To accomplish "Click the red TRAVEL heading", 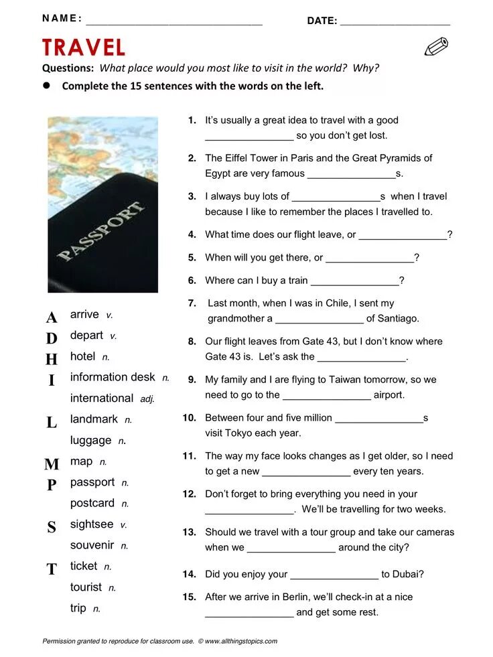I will (x=84, y=48).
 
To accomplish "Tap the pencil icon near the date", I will (x=436, y=47).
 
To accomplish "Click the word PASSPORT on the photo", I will (x=101, y=230).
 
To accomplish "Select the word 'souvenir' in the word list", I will (x=92, y=545).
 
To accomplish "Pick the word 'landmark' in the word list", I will (x=94, y=419).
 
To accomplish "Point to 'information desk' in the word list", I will (x=113, y=377).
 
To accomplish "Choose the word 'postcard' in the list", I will (x=92, y=503).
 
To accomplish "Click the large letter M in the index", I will (x=52, y=464).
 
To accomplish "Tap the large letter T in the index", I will (x=52, y=569).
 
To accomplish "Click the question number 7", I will (x=192, y=303).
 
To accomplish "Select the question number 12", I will (x=189, y=494).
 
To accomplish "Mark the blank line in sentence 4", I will (x=403, y=236).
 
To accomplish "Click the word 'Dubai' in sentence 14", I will (x=408, y=574).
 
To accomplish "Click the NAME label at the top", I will (x=62, y=19).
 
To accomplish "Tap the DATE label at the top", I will (x=322, y=21).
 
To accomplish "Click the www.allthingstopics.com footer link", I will (x=240, y=642).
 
